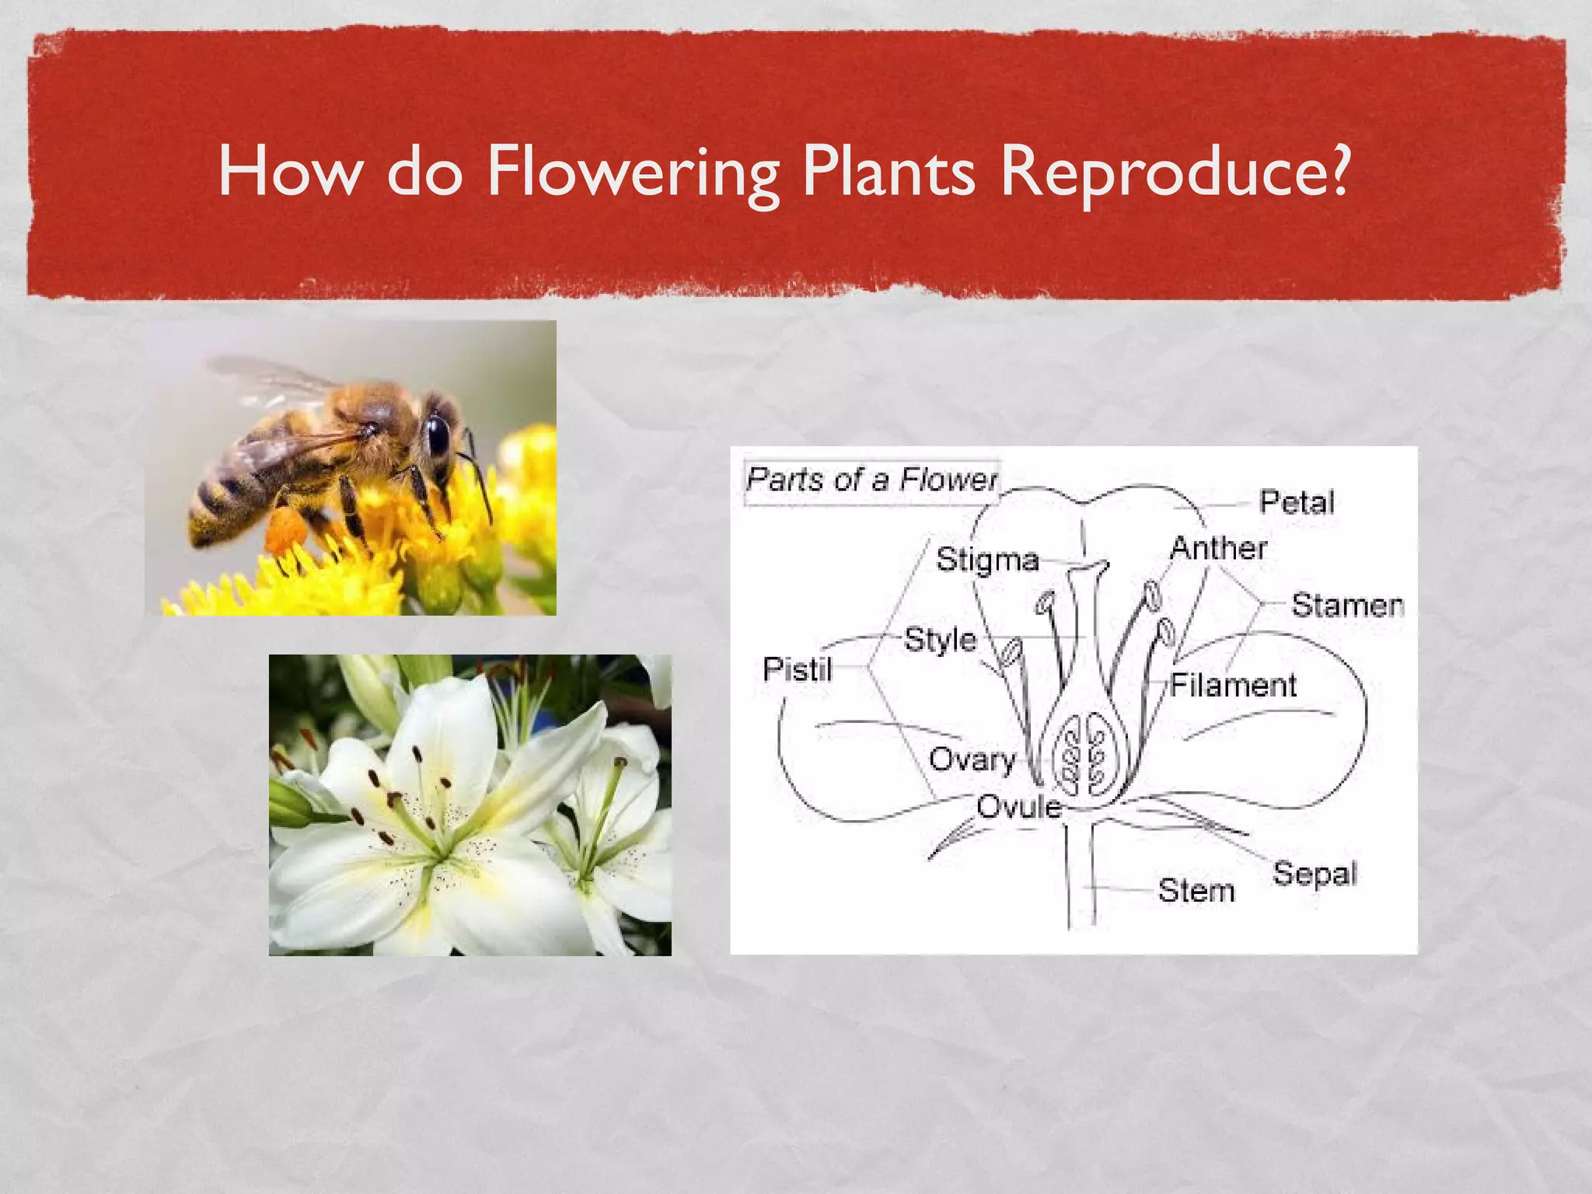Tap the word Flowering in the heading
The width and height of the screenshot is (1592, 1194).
631,173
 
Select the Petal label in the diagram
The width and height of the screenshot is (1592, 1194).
1297,502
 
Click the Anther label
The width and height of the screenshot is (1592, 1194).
1218,548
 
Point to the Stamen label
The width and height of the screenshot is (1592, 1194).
1347,605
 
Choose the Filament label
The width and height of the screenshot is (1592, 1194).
1234,685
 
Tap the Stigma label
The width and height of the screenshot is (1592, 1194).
987,560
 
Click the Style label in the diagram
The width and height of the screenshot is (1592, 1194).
941,640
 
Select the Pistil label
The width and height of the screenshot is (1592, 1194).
798,669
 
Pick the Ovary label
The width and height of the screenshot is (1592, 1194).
972,759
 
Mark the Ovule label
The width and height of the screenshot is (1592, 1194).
1018,807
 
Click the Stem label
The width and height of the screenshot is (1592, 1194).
1196,890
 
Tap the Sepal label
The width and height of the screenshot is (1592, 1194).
1314,873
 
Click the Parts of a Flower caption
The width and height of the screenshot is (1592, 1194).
871,479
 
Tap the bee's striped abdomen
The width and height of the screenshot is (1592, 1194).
225,497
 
